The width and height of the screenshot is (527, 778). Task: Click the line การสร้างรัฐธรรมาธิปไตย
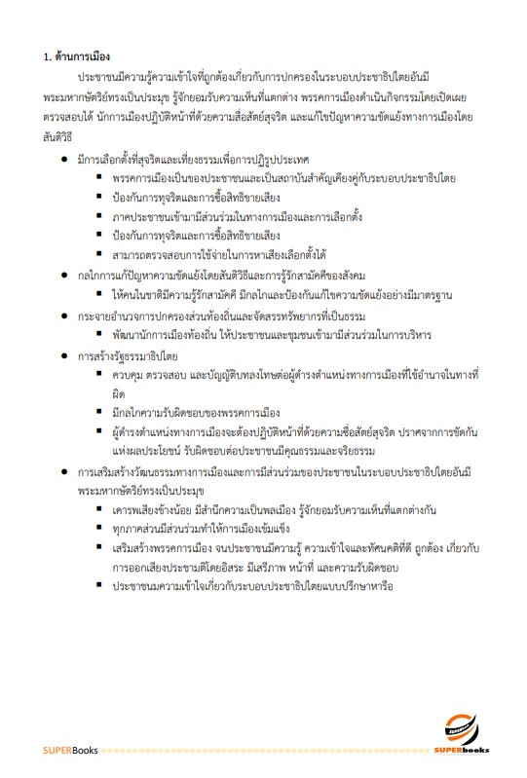click(x=130, y=355)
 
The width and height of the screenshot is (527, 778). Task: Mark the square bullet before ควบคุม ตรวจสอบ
click(x=99, y=375)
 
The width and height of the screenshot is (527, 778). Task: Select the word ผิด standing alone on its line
click(x=119, y=393)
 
